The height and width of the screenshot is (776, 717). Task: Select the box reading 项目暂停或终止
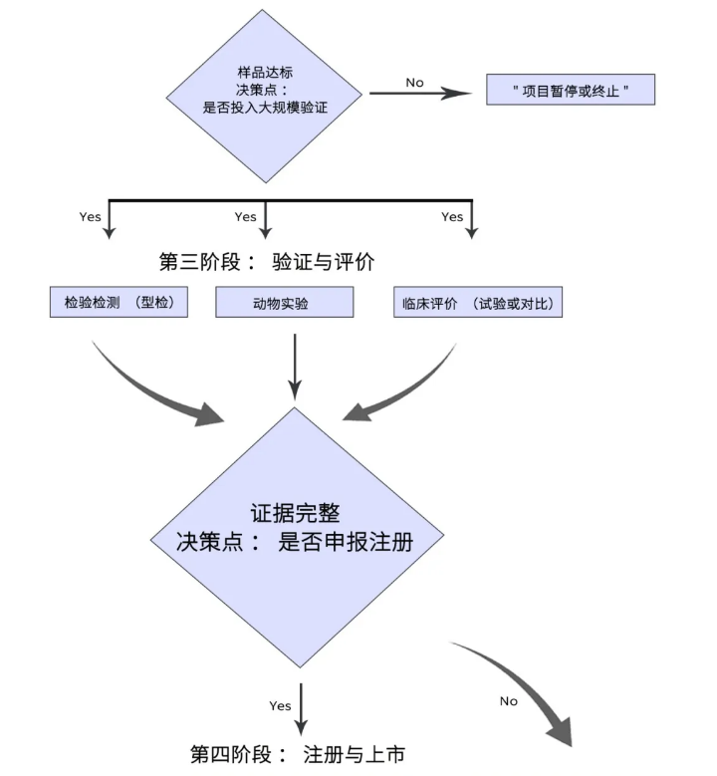(570, 90)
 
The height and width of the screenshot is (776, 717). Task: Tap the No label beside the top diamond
(415, 82)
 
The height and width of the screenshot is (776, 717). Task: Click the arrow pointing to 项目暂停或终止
(418, 95)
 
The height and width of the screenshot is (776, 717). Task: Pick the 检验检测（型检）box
(119, 302)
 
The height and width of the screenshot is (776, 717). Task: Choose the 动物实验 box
(284, 303)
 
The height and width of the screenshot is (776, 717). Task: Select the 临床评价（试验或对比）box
(478, 302)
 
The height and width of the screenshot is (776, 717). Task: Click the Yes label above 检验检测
(90, 216)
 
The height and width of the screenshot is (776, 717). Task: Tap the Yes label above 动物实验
(245, 216)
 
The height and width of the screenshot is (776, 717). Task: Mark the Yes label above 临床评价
(452, 216)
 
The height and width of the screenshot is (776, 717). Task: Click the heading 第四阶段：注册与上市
(298, 753)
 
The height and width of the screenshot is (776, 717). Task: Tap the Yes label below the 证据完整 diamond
(280, 705)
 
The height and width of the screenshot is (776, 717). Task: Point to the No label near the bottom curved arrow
(509, 701)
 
